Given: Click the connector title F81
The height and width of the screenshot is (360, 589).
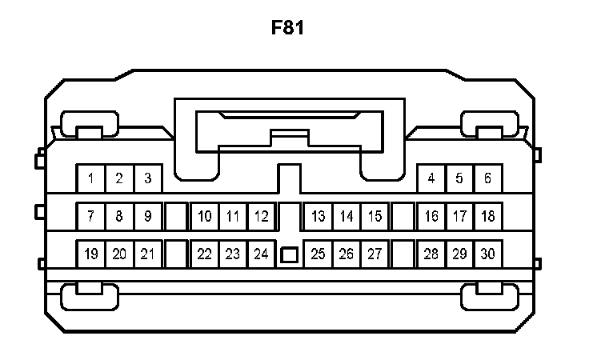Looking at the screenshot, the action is point(288,28).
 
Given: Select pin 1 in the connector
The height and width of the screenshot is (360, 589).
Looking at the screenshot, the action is point(91,178).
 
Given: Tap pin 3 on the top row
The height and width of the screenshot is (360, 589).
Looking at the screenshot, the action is point(147,178).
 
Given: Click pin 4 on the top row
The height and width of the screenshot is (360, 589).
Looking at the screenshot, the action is point(431,178).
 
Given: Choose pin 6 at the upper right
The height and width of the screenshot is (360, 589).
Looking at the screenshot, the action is point(487,178).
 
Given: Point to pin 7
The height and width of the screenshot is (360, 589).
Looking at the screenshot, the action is point(91,216).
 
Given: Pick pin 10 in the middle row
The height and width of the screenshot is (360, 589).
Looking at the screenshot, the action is point(205,216).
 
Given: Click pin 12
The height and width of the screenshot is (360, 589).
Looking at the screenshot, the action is point(261,216).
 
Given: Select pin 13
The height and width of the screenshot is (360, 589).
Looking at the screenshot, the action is point(318,216).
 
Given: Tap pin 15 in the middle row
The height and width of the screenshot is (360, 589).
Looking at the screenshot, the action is point(374,216).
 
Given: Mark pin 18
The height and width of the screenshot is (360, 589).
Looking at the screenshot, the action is point(487,216).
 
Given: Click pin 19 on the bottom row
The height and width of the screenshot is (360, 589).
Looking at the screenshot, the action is point(91,254).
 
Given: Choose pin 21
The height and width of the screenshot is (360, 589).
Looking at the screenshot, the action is point(147,254).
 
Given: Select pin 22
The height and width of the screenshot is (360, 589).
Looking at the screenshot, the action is point(205,254).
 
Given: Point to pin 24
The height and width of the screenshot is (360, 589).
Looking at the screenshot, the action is point(261,254).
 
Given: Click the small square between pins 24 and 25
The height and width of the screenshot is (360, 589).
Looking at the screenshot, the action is point(289,255).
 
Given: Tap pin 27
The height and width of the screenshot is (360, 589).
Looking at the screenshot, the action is point(374,254).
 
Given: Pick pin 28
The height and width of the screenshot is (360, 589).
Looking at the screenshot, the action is point(431,254).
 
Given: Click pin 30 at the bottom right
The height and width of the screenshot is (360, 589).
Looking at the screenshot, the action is point(487,254).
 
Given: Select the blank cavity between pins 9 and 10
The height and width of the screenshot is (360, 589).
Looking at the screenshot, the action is point(176,216).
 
